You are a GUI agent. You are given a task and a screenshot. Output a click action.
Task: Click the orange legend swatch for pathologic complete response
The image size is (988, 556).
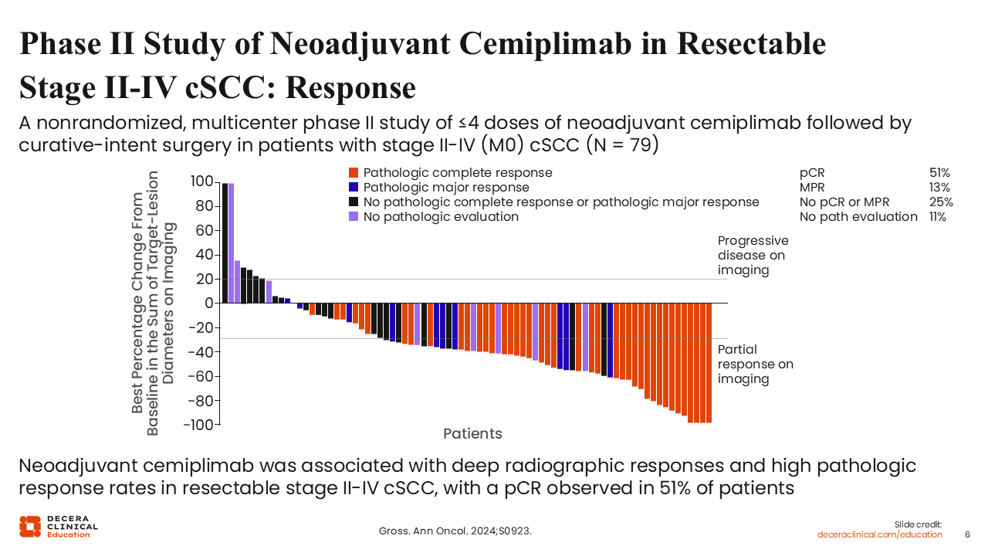coord(354,173)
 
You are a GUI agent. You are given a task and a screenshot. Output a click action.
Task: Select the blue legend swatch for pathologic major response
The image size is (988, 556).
coord(354,188)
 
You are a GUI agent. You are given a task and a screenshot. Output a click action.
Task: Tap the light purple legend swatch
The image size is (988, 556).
coord(354,217)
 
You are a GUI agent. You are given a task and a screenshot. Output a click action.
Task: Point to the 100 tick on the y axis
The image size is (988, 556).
coord(202,181)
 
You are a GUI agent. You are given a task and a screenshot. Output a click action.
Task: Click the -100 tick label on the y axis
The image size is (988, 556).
coord(198,425)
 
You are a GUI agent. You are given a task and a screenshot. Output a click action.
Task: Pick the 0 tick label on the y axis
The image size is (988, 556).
coord(208,303)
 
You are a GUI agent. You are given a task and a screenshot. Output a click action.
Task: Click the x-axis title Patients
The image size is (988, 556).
coord(472,434)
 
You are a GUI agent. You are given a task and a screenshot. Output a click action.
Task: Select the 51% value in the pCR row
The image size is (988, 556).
coord(939,173)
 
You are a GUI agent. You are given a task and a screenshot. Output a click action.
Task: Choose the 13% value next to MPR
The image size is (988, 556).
coord(939,188)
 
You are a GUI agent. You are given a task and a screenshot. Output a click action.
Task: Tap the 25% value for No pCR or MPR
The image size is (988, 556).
coord(941,202)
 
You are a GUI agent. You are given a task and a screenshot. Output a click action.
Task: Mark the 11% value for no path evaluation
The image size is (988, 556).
coord(938,217)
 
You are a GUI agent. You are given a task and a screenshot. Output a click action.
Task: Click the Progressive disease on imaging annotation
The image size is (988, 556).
coord(753,255)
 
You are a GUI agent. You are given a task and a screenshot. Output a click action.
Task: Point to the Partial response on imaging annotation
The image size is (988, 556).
coord(755,364)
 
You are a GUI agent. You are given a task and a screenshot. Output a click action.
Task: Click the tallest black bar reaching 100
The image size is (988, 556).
coord(225,243)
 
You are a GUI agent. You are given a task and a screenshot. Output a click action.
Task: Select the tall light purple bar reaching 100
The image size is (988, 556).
coord(231,243)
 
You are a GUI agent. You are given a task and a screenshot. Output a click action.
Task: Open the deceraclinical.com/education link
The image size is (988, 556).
coord(880,534)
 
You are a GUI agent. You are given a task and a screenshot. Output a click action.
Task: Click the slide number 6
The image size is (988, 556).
coord(968,534)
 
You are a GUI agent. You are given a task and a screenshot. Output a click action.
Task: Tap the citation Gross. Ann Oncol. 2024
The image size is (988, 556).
coord(455,531)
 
